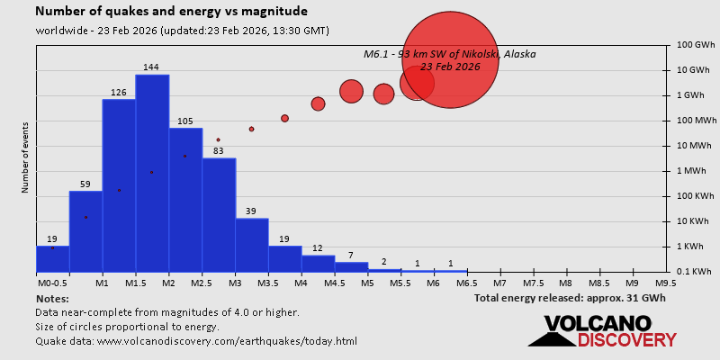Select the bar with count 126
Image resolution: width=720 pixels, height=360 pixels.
pyautogui.click(x=119, y=184)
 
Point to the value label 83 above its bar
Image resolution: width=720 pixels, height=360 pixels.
pyautogui.click(x=219, y=150)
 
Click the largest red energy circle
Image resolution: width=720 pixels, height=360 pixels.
pyautogui.click(x=449, y=60)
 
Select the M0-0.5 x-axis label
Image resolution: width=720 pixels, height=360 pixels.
pyautogui.click(x=52, y=283)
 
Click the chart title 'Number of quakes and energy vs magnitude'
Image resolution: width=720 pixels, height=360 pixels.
pyautogui.click(x=171, y=12)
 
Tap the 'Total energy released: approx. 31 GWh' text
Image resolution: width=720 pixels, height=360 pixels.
pyautogui.click(x=570, y=298)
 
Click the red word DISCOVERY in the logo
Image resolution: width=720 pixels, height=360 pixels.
pyautogui.click(x=627, y=339)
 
